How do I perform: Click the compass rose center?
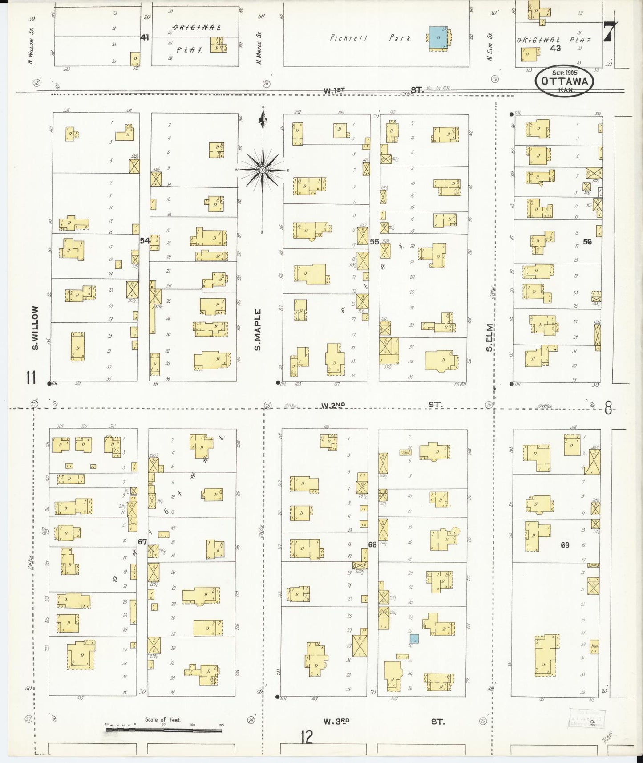click(263, 170)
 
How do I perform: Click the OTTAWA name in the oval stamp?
click(565, 81)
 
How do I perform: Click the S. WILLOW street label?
click(35, 328)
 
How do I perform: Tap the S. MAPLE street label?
click(258, 330)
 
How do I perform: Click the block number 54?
click(145, 240)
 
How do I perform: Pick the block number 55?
click(374, 241)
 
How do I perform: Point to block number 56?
click(587, 242)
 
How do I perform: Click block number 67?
click(142, 542)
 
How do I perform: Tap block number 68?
click(372, 544)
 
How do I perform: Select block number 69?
click(565, 544)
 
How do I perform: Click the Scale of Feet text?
click(163, 719)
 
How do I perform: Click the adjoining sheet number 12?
click(307, 737)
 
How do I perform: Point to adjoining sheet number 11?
click(30, 378)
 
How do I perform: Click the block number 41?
click(144, 37)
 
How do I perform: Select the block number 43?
click(555, 48)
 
